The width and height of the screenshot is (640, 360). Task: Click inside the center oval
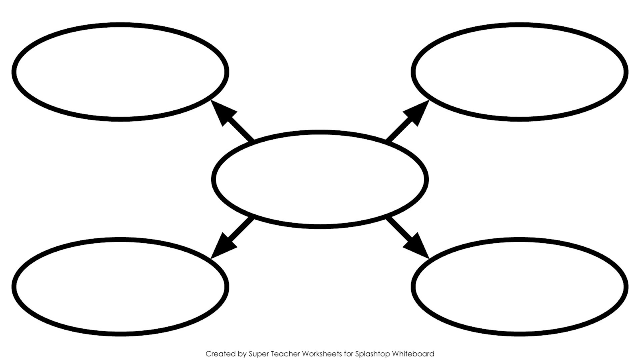click(320, 180)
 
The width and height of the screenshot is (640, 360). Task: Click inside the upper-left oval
click(120, 72)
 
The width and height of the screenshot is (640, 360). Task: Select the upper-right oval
click(520, 72)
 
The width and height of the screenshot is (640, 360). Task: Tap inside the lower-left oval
click(120, 286)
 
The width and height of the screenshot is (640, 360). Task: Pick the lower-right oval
click(520, 286)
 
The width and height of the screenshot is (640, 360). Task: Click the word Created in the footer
click(221, 354)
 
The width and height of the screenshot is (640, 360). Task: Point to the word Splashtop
click(372, 354)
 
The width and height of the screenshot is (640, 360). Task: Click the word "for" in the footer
click(348, 354)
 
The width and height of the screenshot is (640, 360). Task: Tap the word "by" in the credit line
click(242, 354)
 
